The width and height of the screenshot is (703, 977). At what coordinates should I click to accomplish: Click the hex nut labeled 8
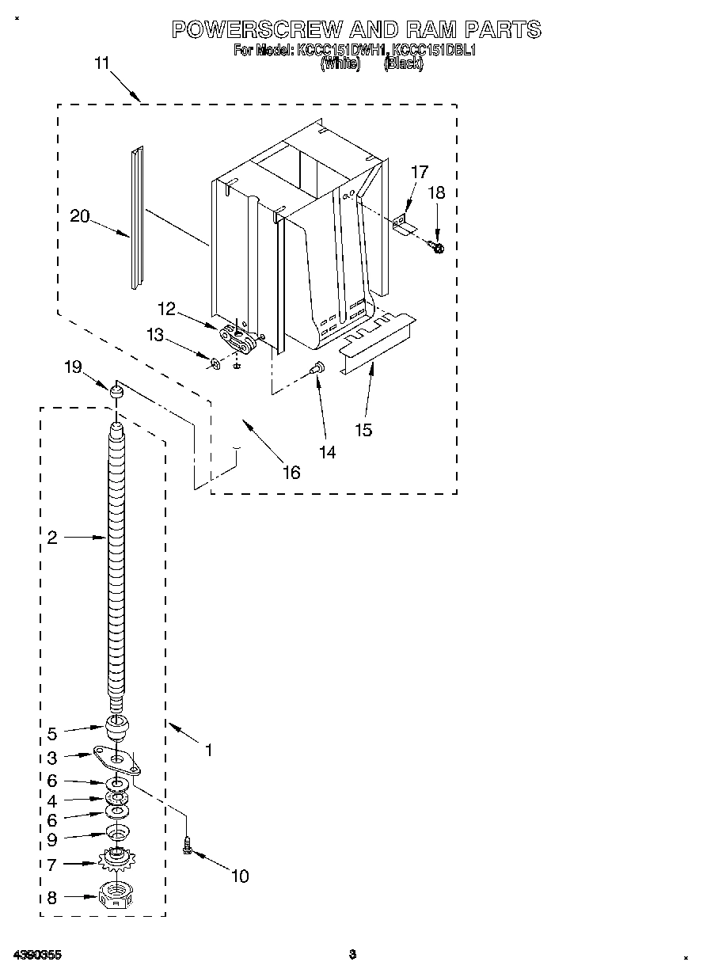coord(117,896)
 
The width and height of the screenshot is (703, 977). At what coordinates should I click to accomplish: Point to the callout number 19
coord(73,367)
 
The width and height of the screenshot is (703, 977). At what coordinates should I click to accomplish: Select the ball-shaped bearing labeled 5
coord(117,726)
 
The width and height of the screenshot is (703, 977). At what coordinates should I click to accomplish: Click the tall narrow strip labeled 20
coord(137,218)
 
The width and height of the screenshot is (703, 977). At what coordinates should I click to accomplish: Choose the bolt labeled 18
coord(438,248)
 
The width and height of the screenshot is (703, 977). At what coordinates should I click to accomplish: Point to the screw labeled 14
coord(317,367)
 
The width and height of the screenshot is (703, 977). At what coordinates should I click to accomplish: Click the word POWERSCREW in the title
coord(257,29)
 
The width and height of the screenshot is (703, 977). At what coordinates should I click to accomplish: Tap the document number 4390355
coord(37,955)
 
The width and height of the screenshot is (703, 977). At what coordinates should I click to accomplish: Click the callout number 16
coord(291,472)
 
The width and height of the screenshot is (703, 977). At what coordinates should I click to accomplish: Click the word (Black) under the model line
coord(403,65)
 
